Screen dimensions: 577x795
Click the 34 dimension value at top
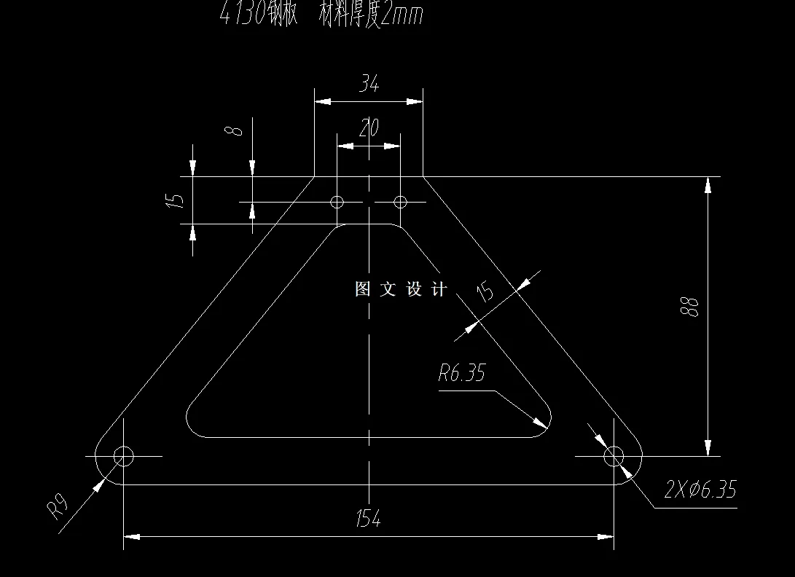(369, 85)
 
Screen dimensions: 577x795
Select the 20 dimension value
(369, 129)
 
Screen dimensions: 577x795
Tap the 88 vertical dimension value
(692, 306)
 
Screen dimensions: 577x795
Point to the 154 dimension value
(369, 519)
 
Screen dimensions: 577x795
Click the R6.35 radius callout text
(461, 374)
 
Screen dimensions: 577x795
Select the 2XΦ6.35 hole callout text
(700, 490)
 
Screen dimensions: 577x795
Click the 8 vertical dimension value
(233, 131)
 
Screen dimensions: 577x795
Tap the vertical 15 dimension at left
(175, 200)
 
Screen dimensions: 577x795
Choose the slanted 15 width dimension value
(485, 292)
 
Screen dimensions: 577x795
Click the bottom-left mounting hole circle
(123, 457)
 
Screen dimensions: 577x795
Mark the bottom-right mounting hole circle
(614, 457)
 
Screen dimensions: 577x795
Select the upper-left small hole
(337, 201)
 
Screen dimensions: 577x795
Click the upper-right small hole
(400, 201)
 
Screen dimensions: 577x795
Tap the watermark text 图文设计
(400, 289)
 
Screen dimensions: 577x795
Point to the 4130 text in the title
(244, 15)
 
